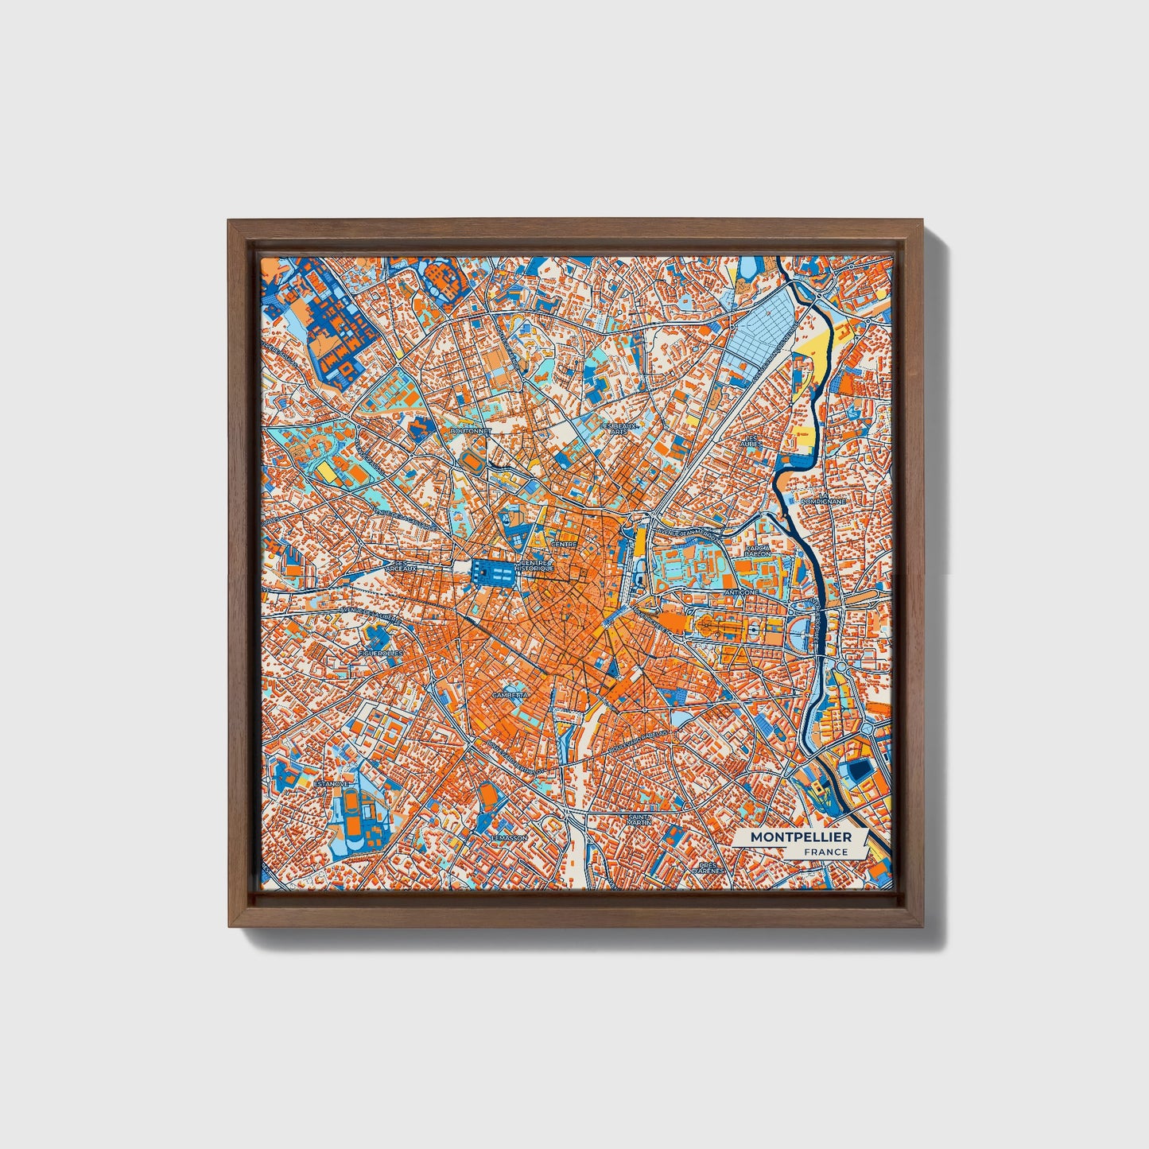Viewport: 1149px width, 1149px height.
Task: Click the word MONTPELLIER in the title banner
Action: pyautogui.click(x=801, y=837)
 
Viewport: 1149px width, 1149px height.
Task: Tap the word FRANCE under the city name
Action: pyautogui.click(x=825, y=852)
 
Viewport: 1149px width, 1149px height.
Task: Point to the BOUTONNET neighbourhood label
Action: pyautogui.click(x=471, y=430)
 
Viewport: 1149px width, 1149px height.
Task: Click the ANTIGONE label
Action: pyautogui.click(x=741, y=592)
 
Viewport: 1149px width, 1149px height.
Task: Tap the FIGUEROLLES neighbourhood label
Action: pyautogui.click(x=381, y=653)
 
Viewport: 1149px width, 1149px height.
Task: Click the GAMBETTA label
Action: pyautogui.click(x=510, y=695)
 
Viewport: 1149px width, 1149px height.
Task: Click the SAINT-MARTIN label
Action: pyautogui.click(x=639, y=818)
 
